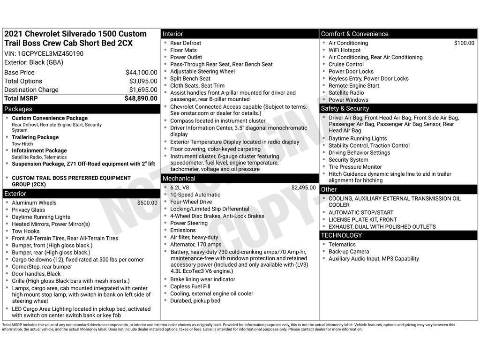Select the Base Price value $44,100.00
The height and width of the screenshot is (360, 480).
(x=141, y=72)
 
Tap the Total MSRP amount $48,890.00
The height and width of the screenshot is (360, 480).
(x=141, y=98)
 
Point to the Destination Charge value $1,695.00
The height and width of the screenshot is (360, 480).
(x=143, y=90)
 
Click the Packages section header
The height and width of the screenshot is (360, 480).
(x=18, y=109)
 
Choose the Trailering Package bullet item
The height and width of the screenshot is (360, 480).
(x=35, y=137)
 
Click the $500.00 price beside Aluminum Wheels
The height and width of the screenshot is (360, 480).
(x=147, y=203)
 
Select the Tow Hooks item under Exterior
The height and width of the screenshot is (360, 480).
(x=26, y=231)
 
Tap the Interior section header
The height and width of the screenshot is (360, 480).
(x=173, y=34)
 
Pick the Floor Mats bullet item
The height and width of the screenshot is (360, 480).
(x=183, y=50)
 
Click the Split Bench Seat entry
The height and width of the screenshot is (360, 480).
(x=190, y=79)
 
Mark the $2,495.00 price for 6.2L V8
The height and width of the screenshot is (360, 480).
(x=303, y=187)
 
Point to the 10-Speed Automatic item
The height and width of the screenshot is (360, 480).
(x=195, y=195)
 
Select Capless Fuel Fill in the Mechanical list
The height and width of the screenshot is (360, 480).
(x=190, y=286)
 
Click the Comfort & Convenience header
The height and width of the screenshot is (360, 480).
(x=354, y=34)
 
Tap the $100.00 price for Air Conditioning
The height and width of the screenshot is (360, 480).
(x=464, y=43)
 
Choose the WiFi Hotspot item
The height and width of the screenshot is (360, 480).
(x=345, y=50)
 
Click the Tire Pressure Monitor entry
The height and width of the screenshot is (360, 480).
(x=355, y=167)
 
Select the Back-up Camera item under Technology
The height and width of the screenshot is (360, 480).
(x=349, y=252)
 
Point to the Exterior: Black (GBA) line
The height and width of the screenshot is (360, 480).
(x=34, y=62)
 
